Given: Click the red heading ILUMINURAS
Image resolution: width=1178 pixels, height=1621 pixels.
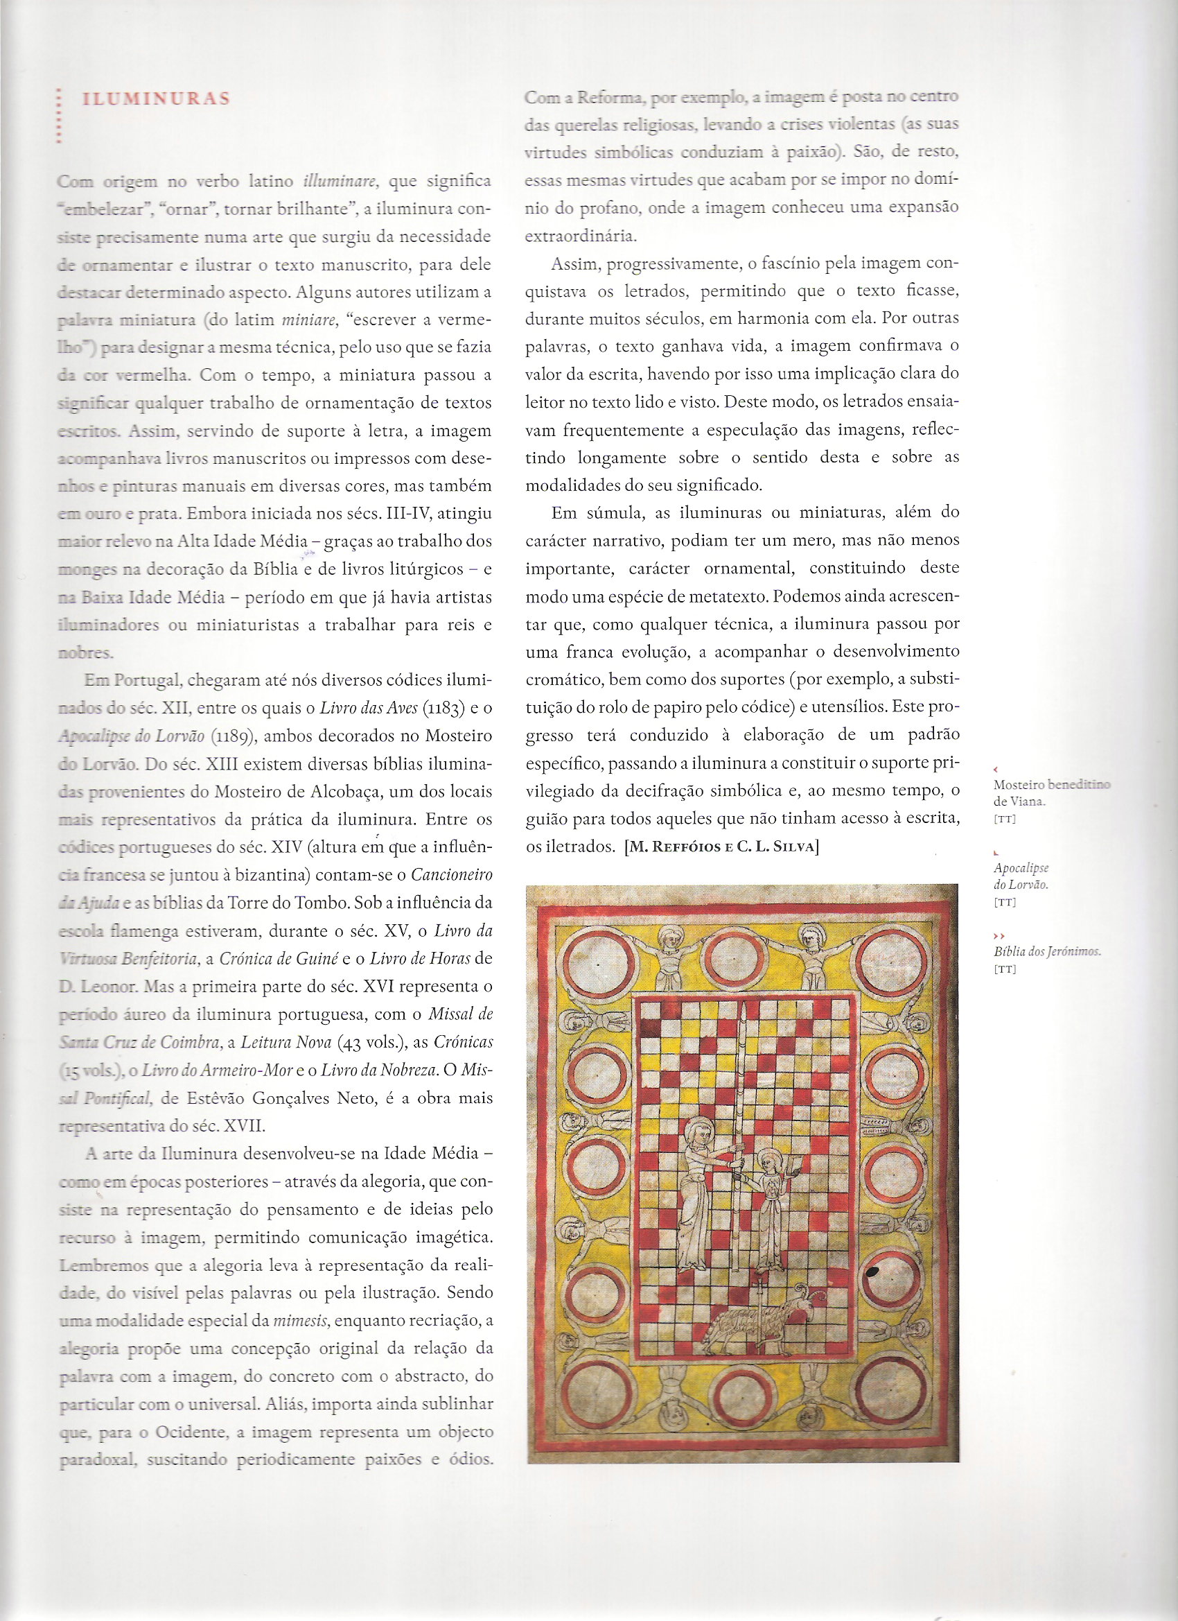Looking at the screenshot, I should (157, 98).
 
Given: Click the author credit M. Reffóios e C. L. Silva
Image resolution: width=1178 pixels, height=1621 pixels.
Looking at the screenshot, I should (721, 847).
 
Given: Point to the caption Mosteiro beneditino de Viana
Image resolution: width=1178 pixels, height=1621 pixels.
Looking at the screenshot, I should (1050, 792).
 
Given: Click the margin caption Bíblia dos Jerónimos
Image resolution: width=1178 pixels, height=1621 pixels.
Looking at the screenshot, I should (1046, 952).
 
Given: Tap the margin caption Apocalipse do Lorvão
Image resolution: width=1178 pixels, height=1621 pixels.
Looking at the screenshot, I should (1021, 876).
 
